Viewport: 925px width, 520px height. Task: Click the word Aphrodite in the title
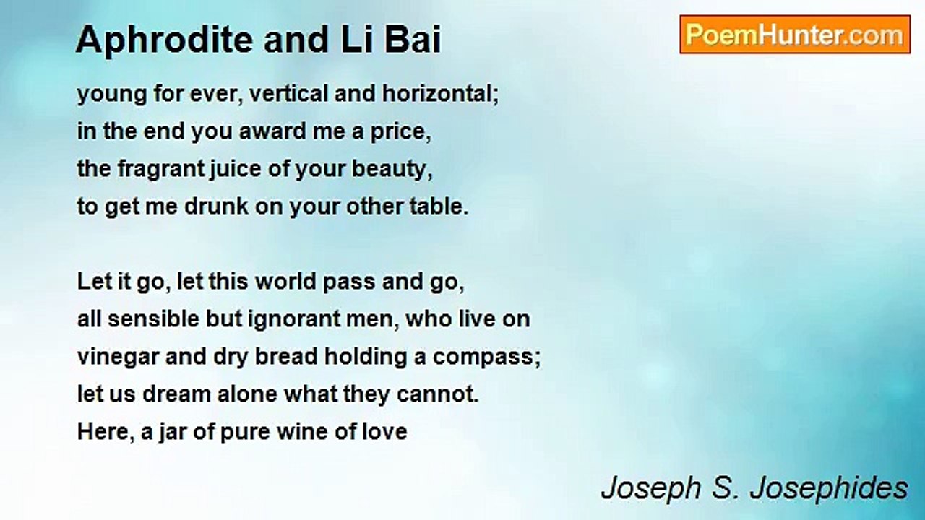pyautogui.click(x=164, y=39)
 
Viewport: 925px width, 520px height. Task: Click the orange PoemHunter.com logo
pyautogui.click(x=795, y=35)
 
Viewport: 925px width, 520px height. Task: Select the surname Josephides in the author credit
pyautogui.click(x=828, y=489)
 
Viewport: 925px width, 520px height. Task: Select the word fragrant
pyautogui.click(x=161, y=169)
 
